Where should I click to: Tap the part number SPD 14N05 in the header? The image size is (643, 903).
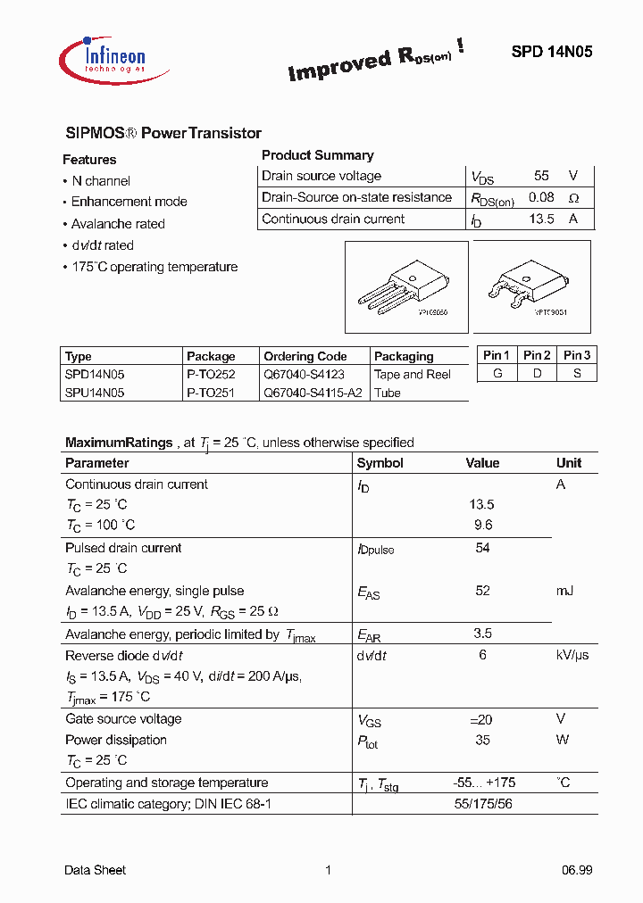point(551,53)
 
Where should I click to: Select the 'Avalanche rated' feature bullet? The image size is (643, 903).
point(118,224)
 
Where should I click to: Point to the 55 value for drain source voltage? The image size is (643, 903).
point(541,176)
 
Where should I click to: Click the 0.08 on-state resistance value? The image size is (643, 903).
point(541,197)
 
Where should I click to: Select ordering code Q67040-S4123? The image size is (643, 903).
point(304,375)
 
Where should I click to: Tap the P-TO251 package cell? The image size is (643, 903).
point(211,393)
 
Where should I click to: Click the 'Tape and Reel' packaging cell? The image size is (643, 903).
point(413,375)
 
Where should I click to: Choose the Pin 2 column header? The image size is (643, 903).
point(537,355)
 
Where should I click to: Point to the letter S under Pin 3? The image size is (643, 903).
point(578,373)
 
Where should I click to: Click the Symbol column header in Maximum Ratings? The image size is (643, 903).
point(380,463)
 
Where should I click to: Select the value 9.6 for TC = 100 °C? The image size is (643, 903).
point(483,526)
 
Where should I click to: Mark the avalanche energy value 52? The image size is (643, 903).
point(483,591)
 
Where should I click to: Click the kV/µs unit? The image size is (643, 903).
point(572,655)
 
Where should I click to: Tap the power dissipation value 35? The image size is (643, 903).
point(483,740)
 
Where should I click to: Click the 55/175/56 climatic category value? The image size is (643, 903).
point(483,804)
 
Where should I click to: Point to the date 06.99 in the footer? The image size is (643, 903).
point(577,870)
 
